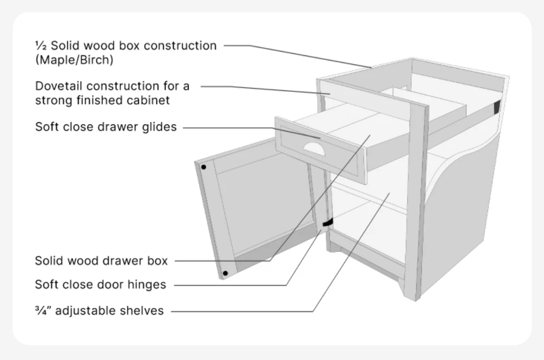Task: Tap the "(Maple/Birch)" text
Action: coord(75,60)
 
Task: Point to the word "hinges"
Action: coord(148,284)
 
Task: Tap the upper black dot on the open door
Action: coord(203,167)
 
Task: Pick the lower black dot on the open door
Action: coord(225,273)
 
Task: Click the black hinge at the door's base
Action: coord(328,223)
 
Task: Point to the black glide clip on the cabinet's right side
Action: coord(496,107)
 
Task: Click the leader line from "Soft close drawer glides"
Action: coord(228,128)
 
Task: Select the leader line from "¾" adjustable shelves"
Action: coord(245,312)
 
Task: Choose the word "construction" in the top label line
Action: coord(180,46)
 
